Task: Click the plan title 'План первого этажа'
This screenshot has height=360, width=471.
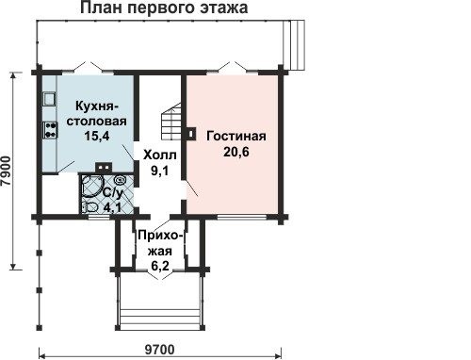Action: [x=164, y=8]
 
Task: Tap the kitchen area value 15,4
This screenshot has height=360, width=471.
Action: [x=96, y=136]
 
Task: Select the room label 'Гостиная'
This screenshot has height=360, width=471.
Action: [x=236, y=137]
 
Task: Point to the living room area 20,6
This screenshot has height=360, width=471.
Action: [x=236, y=152]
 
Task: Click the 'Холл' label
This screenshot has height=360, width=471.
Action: [x=160, y=155]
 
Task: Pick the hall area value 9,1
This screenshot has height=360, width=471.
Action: [x=160, y=171]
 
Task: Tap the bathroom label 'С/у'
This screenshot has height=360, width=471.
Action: [x=112, y=193]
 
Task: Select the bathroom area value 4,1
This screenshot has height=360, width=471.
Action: [x=113, y=207]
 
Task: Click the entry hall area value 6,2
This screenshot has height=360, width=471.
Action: [x=160, y=266]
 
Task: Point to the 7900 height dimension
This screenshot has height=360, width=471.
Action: [x=7, y=172]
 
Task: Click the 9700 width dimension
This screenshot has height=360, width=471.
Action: [x=159, y=350]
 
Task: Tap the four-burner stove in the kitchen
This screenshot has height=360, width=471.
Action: [x=50, y=130]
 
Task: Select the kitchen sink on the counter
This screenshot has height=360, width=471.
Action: [x=49, y=99]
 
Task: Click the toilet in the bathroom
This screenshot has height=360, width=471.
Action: [x=89, y=207]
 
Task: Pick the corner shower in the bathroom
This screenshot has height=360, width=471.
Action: [x=91, y=186]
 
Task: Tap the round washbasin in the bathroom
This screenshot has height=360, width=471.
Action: [x=120, y=180]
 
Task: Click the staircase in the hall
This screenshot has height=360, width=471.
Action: [x=171, y=122]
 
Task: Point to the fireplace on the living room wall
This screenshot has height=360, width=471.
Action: [x=191, y=133]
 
